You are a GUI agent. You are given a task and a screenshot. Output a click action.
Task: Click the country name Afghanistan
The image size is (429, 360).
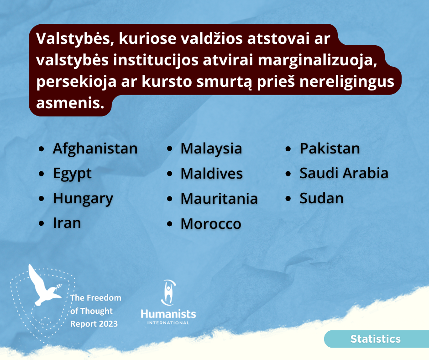95,148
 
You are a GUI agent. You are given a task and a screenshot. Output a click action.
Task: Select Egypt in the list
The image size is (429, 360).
72,174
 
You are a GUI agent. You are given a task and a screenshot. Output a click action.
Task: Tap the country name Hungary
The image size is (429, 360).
83,199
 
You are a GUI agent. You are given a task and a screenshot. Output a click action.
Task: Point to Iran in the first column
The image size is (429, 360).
67,223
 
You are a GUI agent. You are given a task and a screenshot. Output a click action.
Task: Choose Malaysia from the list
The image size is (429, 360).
211,149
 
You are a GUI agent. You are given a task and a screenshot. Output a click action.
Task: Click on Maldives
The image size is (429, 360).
211,174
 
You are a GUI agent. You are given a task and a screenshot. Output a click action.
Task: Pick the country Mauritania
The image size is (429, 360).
219,199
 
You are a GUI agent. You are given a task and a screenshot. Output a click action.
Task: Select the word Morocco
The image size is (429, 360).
211,224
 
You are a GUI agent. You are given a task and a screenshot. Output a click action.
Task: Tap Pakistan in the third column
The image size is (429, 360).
330,148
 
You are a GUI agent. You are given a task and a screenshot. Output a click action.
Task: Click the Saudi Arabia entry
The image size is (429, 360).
344,173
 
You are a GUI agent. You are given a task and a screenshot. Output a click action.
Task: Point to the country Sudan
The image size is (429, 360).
321,198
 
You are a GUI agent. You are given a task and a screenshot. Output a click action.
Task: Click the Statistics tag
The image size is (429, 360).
375,339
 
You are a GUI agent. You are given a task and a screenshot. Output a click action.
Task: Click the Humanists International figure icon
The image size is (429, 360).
168,292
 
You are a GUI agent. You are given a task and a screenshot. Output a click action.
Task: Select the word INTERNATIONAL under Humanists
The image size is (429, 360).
168,323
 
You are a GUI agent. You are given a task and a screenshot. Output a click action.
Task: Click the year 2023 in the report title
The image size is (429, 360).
108,324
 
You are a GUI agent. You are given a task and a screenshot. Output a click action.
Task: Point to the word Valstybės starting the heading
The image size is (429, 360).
73,38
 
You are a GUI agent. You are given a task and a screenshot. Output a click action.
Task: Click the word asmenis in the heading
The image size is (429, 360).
70,103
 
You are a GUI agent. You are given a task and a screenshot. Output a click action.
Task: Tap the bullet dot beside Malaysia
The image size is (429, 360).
170,149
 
